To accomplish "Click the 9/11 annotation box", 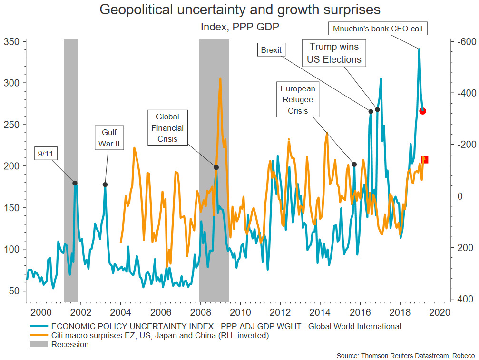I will pos(46,153).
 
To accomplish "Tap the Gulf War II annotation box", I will pos(109,137).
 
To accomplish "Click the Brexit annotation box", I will pos(271,49).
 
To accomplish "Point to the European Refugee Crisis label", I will pos(298,100).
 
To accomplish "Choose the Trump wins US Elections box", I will pos(335,53).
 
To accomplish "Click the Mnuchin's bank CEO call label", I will pos(378,29).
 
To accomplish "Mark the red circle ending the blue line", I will pos(422,111).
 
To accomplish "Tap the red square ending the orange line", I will pos(425,160).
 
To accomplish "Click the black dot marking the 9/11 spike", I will pos(75,183).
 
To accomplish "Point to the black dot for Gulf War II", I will pos(105,185).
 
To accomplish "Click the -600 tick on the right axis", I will pos(464,42).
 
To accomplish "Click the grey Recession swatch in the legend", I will pos(39,344).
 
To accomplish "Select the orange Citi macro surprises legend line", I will pos(39,336).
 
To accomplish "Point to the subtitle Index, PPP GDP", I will pos(239,27).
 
